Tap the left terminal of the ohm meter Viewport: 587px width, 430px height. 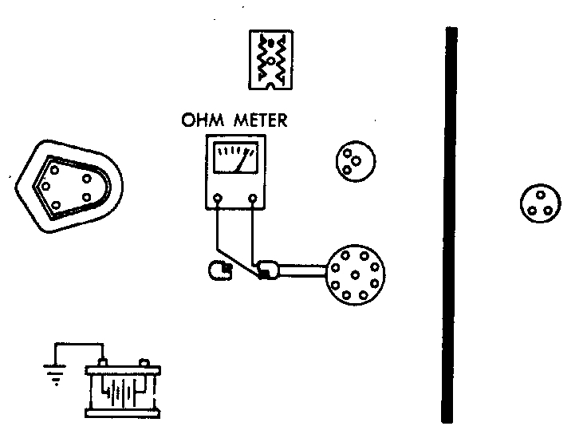pos(217,197)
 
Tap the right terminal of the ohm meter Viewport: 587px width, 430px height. pos(253,197)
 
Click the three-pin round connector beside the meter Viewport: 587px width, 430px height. pos(352,160)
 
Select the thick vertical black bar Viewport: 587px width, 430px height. pos(451,223)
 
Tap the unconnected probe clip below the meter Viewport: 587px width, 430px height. pos(217,271)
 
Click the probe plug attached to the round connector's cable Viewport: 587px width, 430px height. pos(267,271)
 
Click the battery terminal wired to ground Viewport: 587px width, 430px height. pos(103,363)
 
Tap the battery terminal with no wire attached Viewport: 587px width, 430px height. pos(144,363)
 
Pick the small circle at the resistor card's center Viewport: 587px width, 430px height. pos(271,60)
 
